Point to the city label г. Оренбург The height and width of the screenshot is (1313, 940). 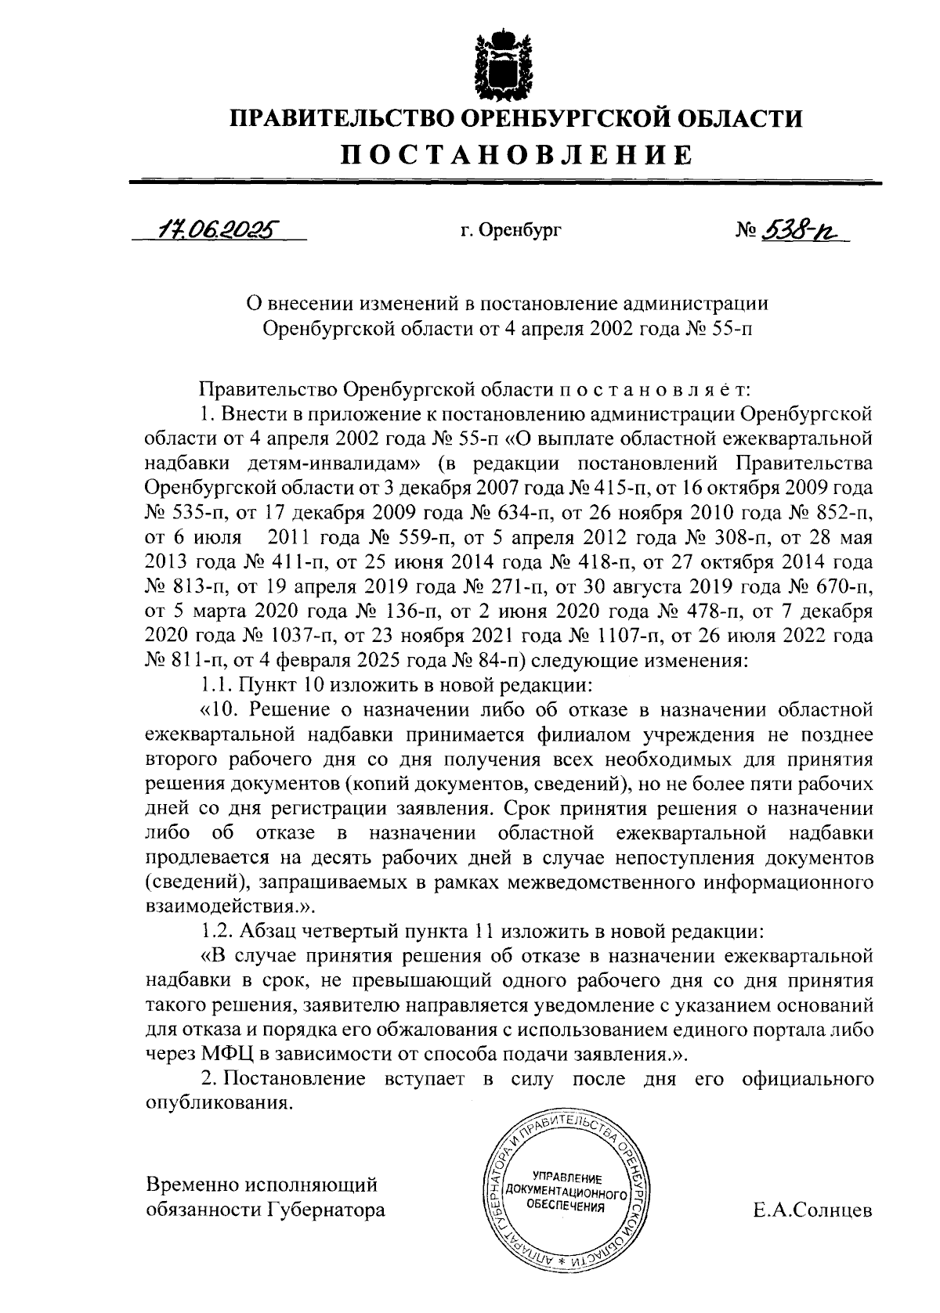[x=511, y=232]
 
